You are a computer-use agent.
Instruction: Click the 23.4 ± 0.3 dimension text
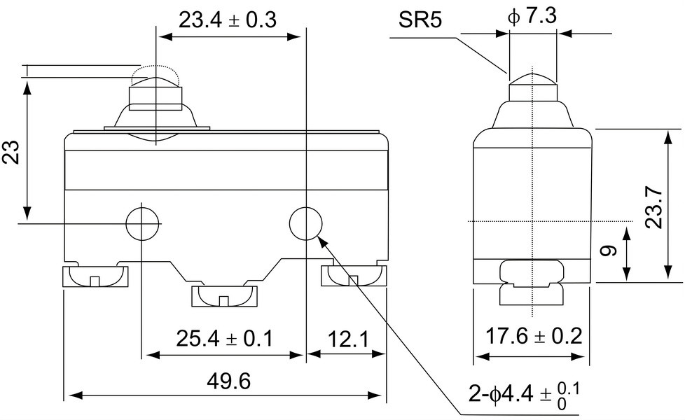228,20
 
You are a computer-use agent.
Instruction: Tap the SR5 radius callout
420,20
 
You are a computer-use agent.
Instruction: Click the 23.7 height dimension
654,207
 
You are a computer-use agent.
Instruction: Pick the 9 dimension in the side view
609,251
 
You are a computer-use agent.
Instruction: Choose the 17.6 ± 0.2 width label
534,336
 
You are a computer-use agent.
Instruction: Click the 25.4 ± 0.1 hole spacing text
225,338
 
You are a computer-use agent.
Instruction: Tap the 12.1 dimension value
347,339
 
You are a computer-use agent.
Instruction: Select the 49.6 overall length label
229,381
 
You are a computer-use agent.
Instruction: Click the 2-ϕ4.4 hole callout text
524,395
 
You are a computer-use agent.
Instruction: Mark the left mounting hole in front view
141,223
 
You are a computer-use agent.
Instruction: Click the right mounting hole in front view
306,223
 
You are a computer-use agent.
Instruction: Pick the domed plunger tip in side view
532,78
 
